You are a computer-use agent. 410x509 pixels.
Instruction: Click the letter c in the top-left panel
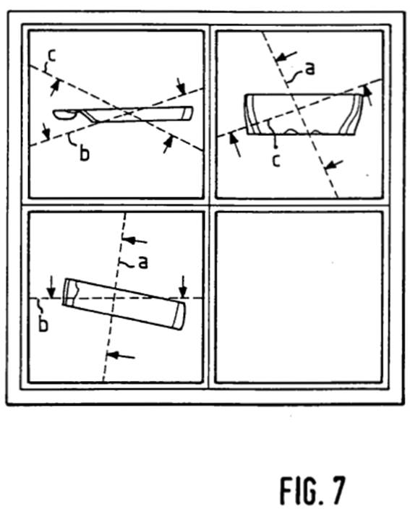click(52, 56)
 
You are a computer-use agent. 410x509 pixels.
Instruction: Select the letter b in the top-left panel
click(84, 153)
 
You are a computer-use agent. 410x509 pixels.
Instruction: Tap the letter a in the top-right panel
click(310, 69)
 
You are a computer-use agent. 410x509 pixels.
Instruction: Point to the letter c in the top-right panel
click(276, 161)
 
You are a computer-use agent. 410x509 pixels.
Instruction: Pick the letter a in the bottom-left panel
click(143, 262)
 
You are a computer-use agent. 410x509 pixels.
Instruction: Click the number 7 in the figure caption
click(336, 490)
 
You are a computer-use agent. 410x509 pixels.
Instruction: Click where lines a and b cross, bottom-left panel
click(114, 297)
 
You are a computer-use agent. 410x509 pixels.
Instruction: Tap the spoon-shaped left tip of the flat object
click(65, 114)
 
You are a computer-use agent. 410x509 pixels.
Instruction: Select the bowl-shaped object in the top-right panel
click(303, 114)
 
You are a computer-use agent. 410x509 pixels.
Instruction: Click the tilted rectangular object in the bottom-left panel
click(124, 304)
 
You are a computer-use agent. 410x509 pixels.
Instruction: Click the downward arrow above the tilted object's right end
click(184, 286)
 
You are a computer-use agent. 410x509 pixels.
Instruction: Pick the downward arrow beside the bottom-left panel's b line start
click(51, 288)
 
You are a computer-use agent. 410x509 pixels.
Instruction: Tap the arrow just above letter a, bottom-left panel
click(135, 240)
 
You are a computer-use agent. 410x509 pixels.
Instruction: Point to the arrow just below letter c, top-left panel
click(55, 87)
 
